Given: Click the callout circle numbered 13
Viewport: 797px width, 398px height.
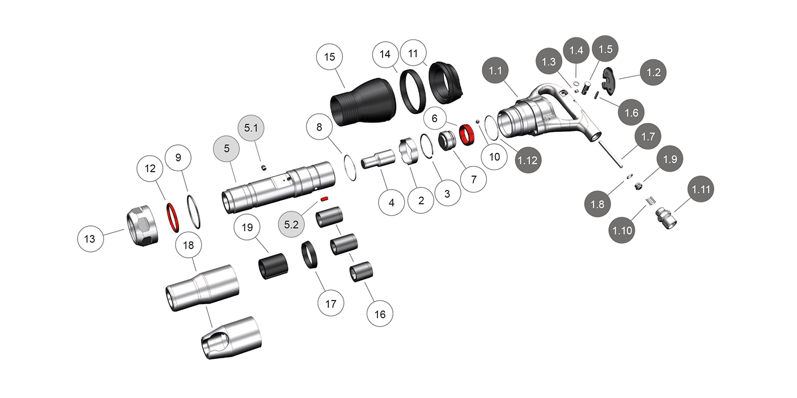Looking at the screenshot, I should point(90,239).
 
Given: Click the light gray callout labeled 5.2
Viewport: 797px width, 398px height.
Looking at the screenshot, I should point(291,225).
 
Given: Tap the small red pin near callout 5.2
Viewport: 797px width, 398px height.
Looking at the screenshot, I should point(324,199).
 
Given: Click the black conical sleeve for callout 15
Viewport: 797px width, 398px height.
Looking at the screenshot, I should point(360,102).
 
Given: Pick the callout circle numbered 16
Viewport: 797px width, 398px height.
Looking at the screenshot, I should point(380,314).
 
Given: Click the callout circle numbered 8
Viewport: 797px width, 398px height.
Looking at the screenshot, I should point(319,127).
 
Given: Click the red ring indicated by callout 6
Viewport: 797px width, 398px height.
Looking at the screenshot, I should point(466,135).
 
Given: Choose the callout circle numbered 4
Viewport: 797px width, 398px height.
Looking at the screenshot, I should point(391,202).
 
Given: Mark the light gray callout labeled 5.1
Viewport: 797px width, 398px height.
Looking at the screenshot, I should point(251,129).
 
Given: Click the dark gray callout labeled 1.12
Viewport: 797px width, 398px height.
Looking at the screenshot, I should point(528,160).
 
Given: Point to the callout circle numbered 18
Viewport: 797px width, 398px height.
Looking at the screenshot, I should point(189,245).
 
